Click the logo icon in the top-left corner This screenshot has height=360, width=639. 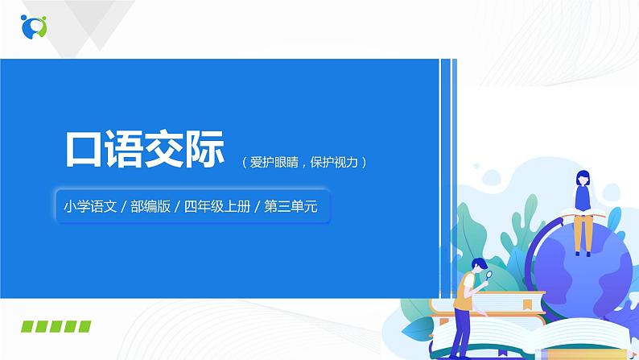coord(35,25)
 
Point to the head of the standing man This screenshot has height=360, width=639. coord(478,266)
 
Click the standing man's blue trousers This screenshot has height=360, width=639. coord(468,332)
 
